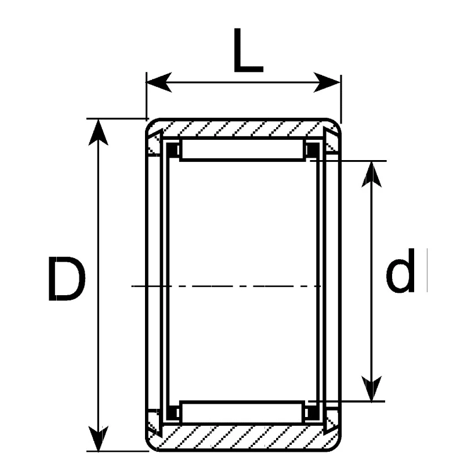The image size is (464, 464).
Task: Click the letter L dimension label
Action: pos(248,50)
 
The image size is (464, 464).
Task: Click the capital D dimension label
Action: pos(66,279)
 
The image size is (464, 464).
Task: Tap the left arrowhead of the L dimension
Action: pos(159,82)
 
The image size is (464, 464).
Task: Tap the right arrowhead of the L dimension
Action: pos(327,82)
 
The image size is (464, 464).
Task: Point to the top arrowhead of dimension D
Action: pos(98,132)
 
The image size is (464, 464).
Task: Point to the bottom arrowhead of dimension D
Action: pos(98,438)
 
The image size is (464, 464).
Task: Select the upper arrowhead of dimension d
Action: pos(372,175)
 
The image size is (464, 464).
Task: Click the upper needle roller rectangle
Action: pos(242,150)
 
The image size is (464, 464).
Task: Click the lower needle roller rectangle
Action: pos(242,412)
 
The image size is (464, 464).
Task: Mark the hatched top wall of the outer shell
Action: pos(242,128)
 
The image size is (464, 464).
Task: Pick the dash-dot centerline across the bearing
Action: pos(226,286)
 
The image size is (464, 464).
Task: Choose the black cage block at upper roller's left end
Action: pos(172,150)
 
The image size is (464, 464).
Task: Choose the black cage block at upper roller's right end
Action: pos(312,150)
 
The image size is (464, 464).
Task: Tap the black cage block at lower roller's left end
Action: pos(172,413)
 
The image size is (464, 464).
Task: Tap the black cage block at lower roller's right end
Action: pos(312,413)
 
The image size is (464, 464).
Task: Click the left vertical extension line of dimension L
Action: pos(146,96)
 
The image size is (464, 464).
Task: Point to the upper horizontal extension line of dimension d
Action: pos(348,161)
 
